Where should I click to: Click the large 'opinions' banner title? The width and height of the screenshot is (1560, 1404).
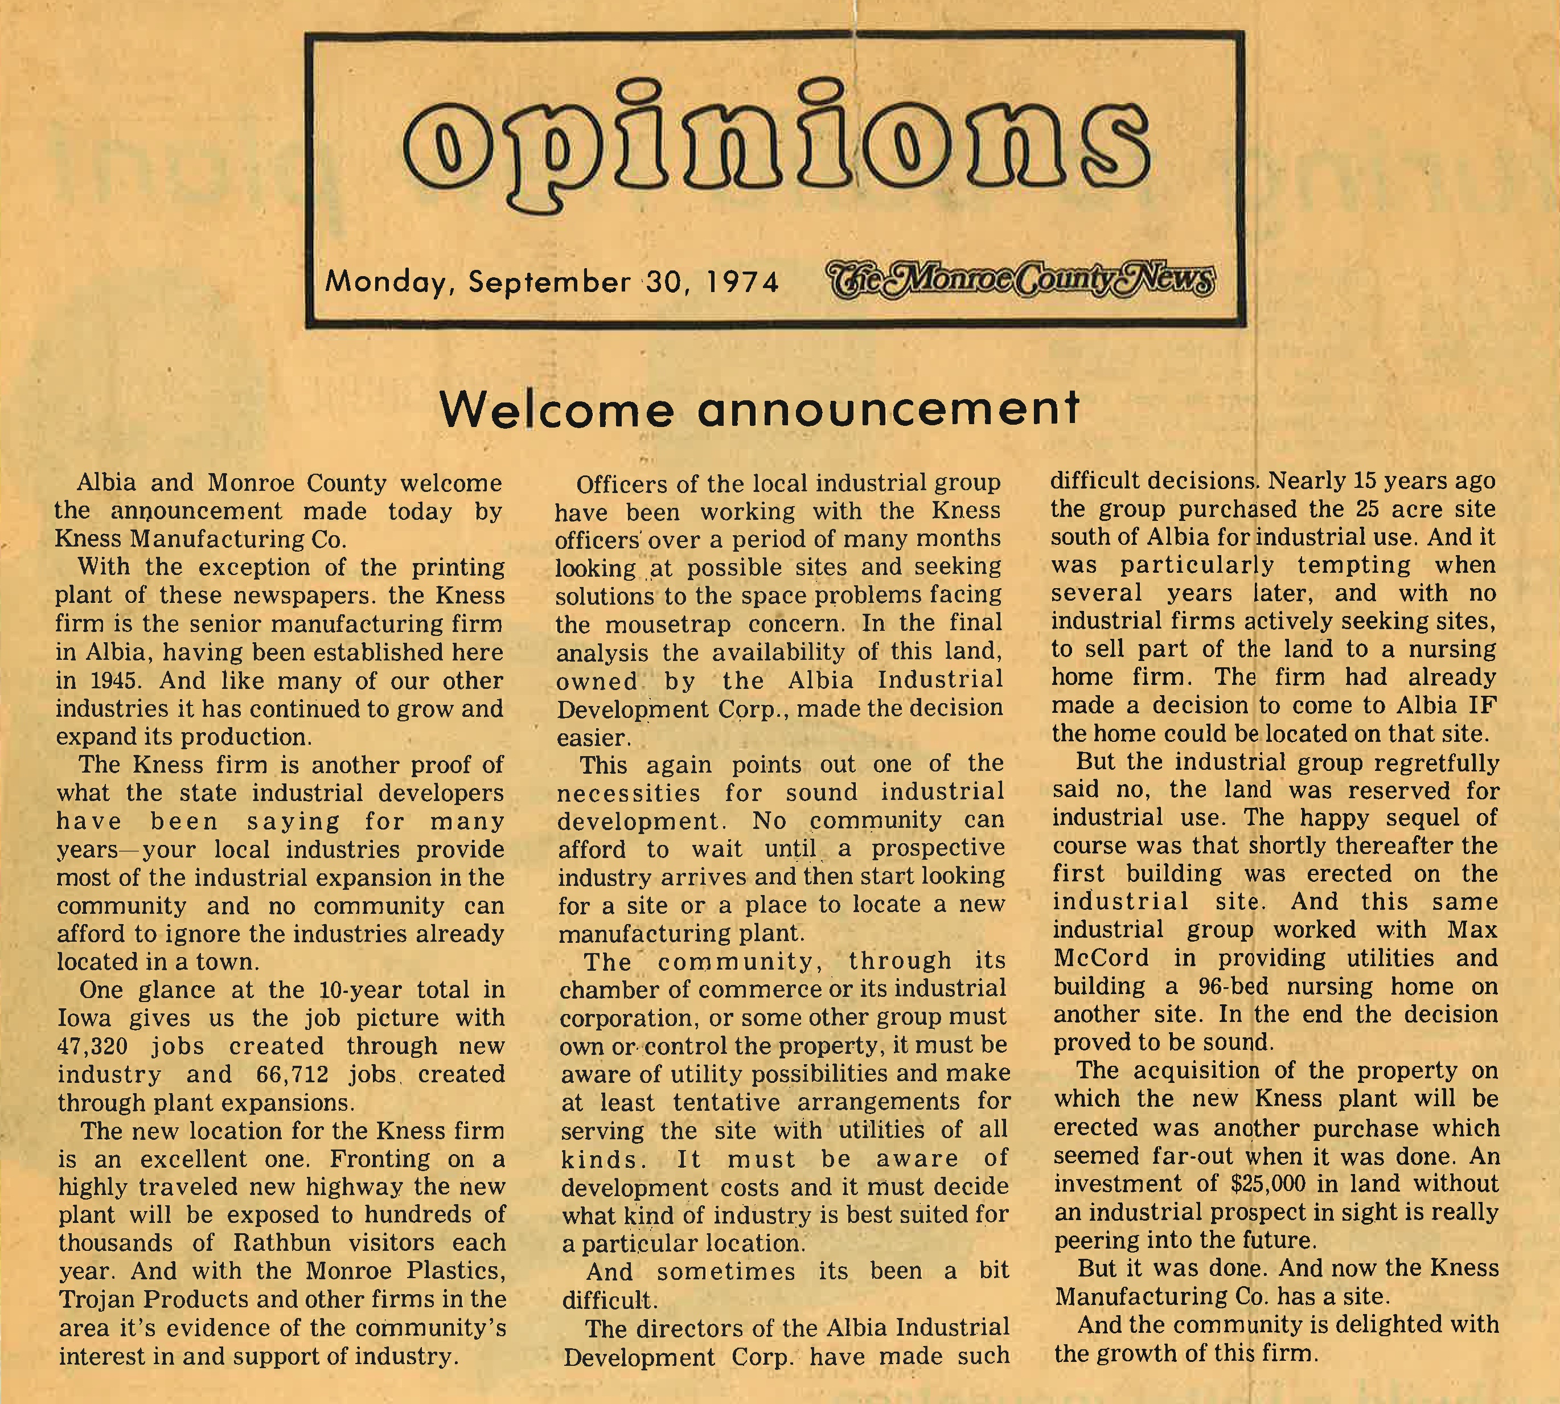pyautogui.click(x=775, y=153)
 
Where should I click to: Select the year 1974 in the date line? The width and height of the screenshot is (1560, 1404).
pyautogui.click(x=743, y=282)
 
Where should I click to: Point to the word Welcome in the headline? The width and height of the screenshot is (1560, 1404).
pyautogui.click(x=556, y=409)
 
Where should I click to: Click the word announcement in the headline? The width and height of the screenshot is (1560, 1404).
pyautogui.click(x=887, y=409)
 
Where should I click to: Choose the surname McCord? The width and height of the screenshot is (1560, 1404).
pyautogui.click(x=1102, y=958)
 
